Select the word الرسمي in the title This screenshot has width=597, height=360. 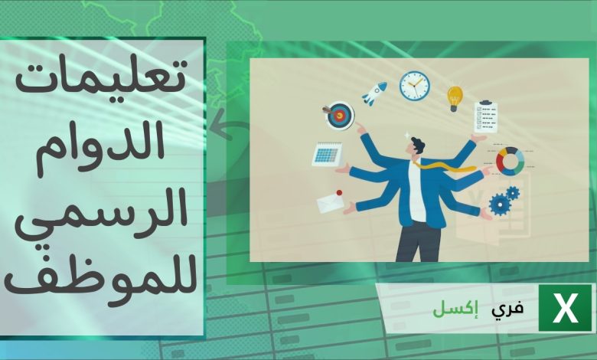click(103, 208)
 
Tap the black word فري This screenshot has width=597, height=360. click(510, 309)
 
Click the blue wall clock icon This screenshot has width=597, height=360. click(414, 85)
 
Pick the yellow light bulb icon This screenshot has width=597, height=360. click(455, 98)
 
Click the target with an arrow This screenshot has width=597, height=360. click(339, 116)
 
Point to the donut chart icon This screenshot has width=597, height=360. click(511, 161)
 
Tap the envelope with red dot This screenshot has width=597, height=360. click(330, 201)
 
